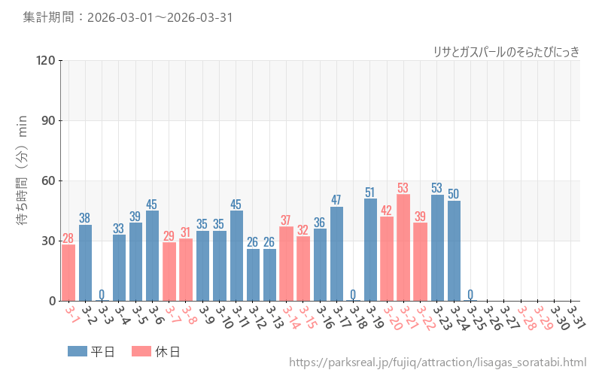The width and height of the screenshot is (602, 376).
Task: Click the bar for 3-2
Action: [x=85, y=262]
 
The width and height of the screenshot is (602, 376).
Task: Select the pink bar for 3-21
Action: [x=404, y=247]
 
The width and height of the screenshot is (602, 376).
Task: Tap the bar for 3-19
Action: [x=370, y=250]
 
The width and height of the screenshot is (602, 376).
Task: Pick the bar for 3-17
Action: [x=336, y=253]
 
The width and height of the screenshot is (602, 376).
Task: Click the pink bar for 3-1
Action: [x=68, y=272]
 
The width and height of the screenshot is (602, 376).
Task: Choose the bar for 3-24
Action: [x=454, y=250]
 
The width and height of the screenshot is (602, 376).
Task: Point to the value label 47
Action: [x=336, y=200]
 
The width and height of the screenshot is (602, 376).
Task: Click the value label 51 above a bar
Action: [x=370, y=193]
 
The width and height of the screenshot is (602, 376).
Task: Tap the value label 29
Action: [x=169, y=236]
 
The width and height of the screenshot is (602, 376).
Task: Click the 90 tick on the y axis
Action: [x=46, y=120]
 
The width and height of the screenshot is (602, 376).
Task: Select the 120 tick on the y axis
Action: [x=43, y=60]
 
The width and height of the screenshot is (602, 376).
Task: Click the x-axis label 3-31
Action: [x=576, y=317]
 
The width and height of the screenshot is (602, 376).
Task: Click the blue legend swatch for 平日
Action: [x=77, y=351]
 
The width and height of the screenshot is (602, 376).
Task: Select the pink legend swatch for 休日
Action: [x=141, y=351]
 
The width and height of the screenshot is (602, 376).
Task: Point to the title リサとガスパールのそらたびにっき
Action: [x=506, y=51]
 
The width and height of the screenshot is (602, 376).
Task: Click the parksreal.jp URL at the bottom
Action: [x=437, y=363]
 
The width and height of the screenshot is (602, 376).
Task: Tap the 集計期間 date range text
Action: [x=129, y=17]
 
